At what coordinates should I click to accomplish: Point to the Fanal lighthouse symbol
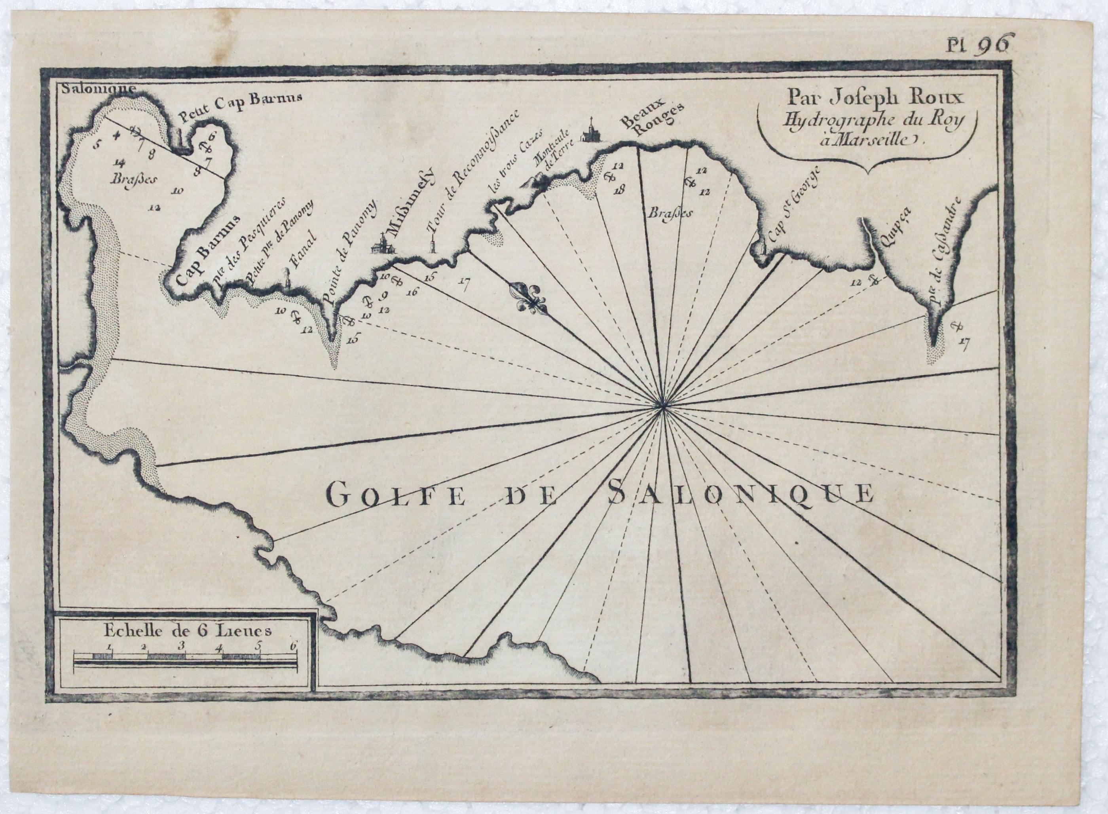pos(287,279)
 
